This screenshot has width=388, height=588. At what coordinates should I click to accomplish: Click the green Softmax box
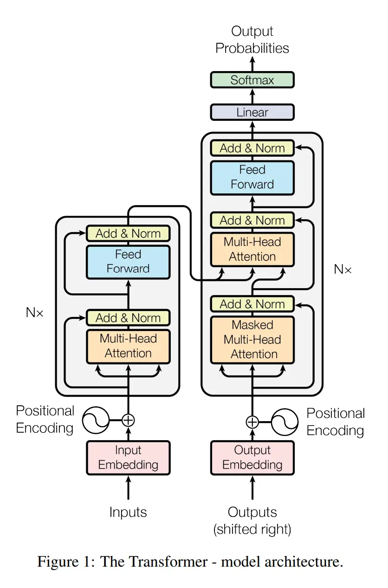click(x=252, y=80)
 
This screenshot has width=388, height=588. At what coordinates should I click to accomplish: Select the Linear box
click(x=252, y=112)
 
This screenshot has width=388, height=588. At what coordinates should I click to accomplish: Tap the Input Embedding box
click(x=128, y=457)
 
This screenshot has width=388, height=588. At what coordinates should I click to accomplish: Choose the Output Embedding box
click(x=252, y=457)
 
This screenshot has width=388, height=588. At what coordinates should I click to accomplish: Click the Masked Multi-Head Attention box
click(x=252, y=340)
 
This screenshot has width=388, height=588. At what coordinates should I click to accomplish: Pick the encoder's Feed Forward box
click(x=128, y=262)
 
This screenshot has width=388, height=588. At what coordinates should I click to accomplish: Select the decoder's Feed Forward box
click(x=252, y=177)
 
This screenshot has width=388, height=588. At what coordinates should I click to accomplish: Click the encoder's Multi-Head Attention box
click(x=128, y=346)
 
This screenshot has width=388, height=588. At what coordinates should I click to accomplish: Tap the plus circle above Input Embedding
click(x=128, y=420)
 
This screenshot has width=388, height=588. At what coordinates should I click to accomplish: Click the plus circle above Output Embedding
click(x=252, y=422)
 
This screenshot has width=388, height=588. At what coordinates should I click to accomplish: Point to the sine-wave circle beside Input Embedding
click(x=96, y=420)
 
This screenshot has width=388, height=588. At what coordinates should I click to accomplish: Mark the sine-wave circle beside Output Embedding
click(x=285, y=422)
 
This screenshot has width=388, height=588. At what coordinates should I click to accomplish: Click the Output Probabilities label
click(x=252, y=40)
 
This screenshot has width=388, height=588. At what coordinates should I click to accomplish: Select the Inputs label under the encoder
click(x=128, y=512)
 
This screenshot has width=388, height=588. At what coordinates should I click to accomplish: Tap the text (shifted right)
click(x=252, y=529)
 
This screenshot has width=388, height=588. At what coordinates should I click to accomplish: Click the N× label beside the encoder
click(x=34, y=312)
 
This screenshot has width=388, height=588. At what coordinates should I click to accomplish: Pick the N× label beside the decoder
click(x=343, y=269)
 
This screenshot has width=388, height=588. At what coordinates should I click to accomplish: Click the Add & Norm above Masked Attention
click(x=252, y=304)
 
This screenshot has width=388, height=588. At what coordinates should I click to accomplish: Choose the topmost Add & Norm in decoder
click(x=252, y=148)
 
